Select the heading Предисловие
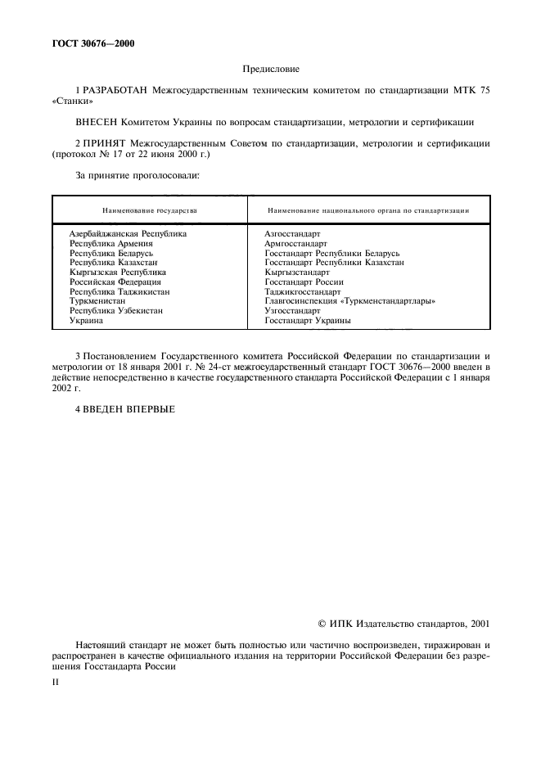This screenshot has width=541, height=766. pos(270,70)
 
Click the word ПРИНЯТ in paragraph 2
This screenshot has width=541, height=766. pos(105,142)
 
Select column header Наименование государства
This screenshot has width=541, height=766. pos(149,210)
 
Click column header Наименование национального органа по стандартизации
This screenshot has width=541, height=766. pos(367,210)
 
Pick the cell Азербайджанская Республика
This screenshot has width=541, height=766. pos(128,233)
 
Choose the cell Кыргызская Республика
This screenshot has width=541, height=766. pos(118,273)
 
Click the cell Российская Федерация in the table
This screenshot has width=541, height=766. pos(115,282)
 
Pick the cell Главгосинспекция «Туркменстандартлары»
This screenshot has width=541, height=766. pos(349,301)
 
